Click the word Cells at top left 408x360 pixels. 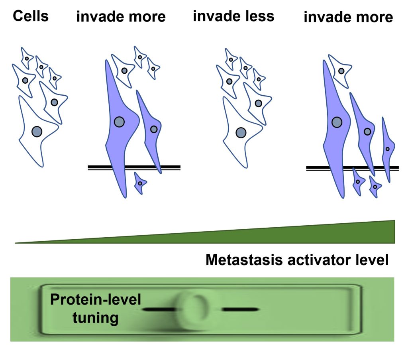pos(31,16)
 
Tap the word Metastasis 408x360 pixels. pos(244,260)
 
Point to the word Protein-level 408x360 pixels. pos(96,299)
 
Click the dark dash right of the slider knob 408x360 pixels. pos(240,309)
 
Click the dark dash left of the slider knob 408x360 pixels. pos(159,309)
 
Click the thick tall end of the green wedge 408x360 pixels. pos(394,232)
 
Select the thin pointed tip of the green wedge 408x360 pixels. pos(16,243)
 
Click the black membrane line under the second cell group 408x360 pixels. pos(134,167)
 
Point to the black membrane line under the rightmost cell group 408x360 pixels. pos(352,167)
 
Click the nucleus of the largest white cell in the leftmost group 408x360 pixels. pos(37,132)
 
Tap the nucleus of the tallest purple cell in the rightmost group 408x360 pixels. pos(337,122)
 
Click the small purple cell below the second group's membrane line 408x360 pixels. pos(140,183)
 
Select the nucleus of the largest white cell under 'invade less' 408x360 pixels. pos(241,133)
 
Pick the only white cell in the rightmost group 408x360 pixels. pos(340,71)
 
